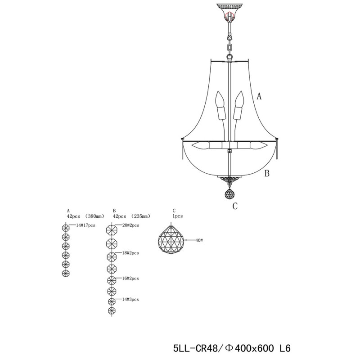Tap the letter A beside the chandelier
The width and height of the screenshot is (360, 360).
pos(259,96)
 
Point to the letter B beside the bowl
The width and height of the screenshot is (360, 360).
pos(266,174)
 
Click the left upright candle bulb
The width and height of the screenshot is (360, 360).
pos(220,106)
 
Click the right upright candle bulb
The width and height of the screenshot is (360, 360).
pos(239,106)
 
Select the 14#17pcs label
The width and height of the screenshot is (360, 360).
pos(85,225)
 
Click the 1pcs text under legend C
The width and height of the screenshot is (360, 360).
pos(176,216)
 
